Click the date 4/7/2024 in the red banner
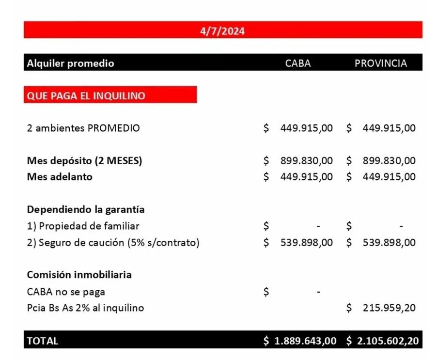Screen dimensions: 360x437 222,31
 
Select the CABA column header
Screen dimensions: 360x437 298,63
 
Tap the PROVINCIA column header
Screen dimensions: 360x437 381,63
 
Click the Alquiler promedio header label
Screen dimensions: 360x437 71,63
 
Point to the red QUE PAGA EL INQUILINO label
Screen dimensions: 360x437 86,95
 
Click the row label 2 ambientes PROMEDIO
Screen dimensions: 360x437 83,128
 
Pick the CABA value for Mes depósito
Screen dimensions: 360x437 306,160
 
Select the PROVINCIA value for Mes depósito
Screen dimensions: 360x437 389,160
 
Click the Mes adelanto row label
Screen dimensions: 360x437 60,177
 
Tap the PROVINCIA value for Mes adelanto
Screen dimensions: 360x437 389,177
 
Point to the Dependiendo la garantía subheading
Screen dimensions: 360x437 86,209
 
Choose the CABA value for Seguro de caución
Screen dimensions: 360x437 306,242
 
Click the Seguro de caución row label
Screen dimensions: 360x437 113,242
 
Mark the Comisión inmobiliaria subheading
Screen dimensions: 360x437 79,275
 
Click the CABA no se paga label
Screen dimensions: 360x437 66,292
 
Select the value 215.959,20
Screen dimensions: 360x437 389,308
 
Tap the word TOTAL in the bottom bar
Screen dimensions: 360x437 43,341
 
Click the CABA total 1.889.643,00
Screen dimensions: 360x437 305,341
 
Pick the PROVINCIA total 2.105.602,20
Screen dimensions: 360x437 388,341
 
